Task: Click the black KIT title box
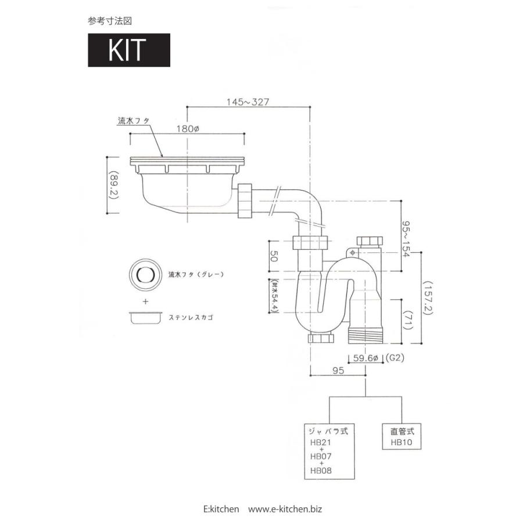coord(129,50)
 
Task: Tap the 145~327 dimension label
coord(248,102)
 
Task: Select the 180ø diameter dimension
coord(188,128)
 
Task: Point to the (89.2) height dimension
coord(114,185)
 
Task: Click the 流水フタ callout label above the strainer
coord(134,120)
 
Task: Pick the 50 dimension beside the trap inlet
coord(274,256)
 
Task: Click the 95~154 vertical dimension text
coord(406,239)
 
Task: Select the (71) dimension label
coord(409,320)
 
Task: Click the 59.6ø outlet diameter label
coord(366,358)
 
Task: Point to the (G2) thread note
coord(395,358)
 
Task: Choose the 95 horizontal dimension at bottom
coord(338,370)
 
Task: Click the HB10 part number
coord(401,442)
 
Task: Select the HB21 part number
coord(321,443)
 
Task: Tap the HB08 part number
coord(321,471)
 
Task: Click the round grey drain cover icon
coord(145,275)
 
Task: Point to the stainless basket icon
coord(146,317)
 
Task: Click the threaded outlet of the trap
coord(366,335)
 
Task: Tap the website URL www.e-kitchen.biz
coord(285,509)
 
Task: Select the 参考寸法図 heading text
coord(110,21)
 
